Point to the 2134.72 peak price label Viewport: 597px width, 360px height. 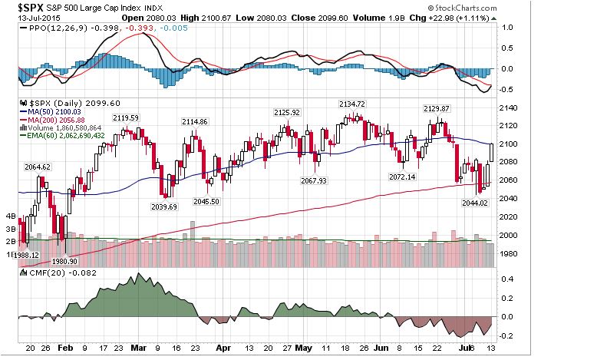pyautogui.click(x=352, y=104)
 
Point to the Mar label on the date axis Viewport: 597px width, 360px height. pyautogui.click(x=140, y=347)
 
